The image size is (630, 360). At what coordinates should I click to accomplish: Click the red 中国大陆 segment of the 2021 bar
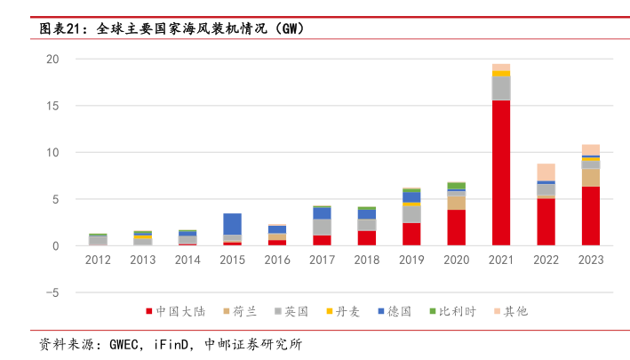coord(501,173)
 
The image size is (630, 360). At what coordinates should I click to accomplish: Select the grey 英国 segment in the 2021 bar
coord(501,88)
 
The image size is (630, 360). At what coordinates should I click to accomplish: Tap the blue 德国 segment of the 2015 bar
coord(232,224)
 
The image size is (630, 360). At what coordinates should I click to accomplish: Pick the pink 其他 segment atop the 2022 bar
coord(546,172)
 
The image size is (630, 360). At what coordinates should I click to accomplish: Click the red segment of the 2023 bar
coord(591,216)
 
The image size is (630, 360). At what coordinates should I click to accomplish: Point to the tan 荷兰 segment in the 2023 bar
coord(591,177)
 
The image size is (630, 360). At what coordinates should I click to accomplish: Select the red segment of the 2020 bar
coord(456,228)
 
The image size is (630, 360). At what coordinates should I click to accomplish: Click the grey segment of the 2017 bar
coord(322,227)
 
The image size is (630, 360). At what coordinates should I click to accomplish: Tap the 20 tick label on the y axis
coord(52,60)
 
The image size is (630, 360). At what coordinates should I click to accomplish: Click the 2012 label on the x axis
coord(98,260)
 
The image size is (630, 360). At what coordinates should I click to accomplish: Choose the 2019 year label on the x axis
coord(411,260)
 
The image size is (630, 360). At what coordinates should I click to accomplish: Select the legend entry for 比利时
coord(459,311)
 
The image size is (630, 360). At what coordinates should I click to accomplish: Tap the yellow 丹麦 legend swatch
coord(330,311)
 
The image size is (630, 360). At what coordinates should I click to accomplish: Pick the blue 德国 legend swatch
coord(381,311)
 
